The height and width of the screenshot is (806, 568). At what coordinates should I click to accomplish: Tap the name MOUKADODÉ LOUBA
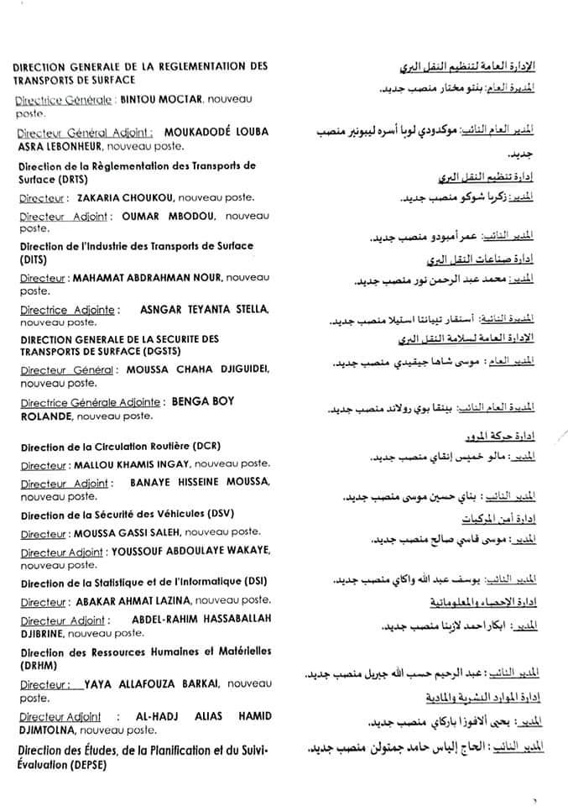[x=213, y=132]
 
